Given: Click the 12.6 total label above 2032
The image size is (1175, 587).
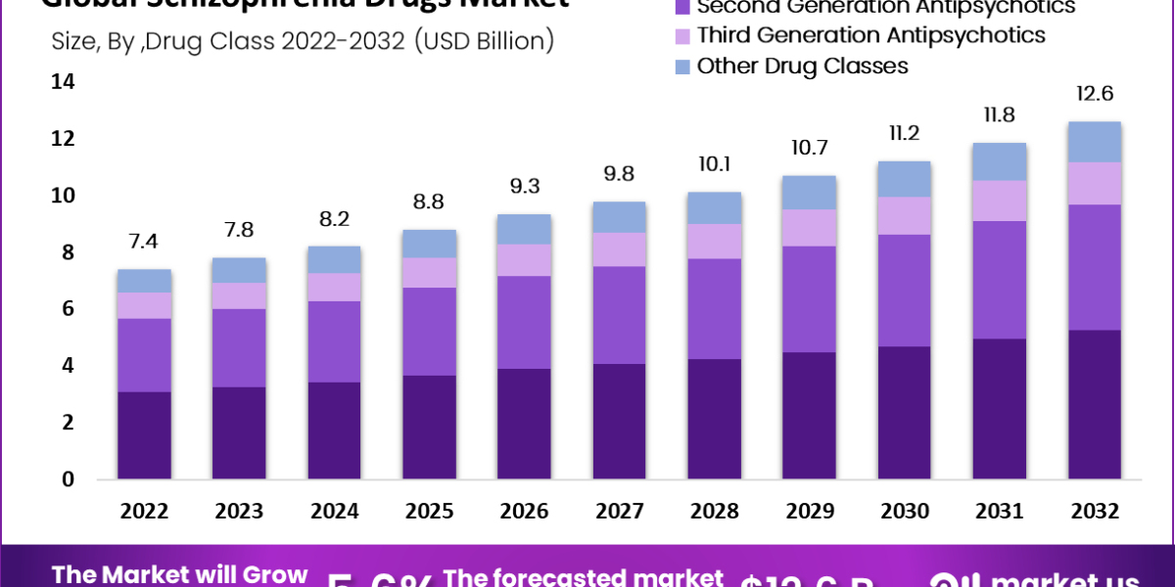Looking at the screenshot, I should coord(1094,94).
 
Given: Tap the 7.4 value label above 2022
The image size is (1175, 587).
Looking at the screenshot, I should coord(144,242).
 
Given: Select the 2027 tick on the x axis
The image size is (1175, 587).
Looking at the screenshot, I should coord(619,511).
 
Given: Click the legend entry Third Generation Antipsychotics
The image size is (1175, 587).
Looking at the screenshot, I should coord(870,35).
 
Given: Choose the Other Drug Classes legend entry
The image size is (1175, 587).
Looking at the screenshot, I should coord(802,66).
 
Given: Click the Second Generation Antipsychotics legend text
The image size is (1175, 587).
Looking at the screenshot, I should coord(885,7).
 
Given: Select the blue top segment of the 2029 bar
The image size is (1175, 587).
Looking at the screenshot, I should coord(809,192).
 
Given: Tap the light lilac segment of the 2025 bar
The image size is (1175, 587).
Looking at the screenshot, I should coord(429,272).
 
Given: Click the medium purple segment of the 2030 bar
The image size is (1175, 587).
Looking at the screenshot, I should coord(904,290).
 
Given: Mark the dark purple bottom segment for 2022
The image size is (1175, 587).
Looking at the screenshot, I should coord(144,435).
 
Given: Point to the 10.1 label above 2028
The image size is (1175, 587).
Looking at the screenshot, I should coord(714,163).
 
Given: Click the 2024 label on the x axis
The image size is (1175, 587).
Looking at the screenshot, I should coord(334,511).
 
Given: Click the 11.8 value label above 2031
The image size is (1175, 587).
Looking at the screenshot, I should coord(999,115).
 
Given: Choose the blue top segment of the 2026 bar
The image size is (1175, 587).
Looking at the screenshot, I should coord(524,229).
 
